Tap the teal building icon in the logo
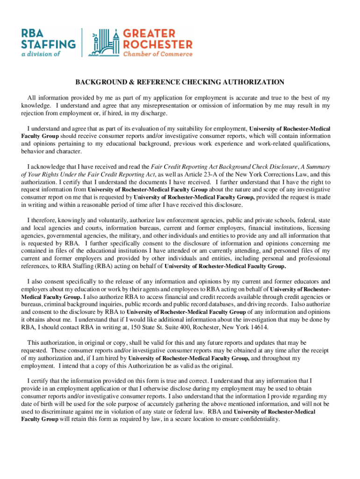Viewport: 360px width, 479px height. click(105, 43)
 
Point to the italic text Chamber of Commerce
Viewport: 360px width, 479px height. click(158, 54)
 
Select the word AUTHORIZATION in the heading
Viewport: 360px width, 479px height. click(253, 82)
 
